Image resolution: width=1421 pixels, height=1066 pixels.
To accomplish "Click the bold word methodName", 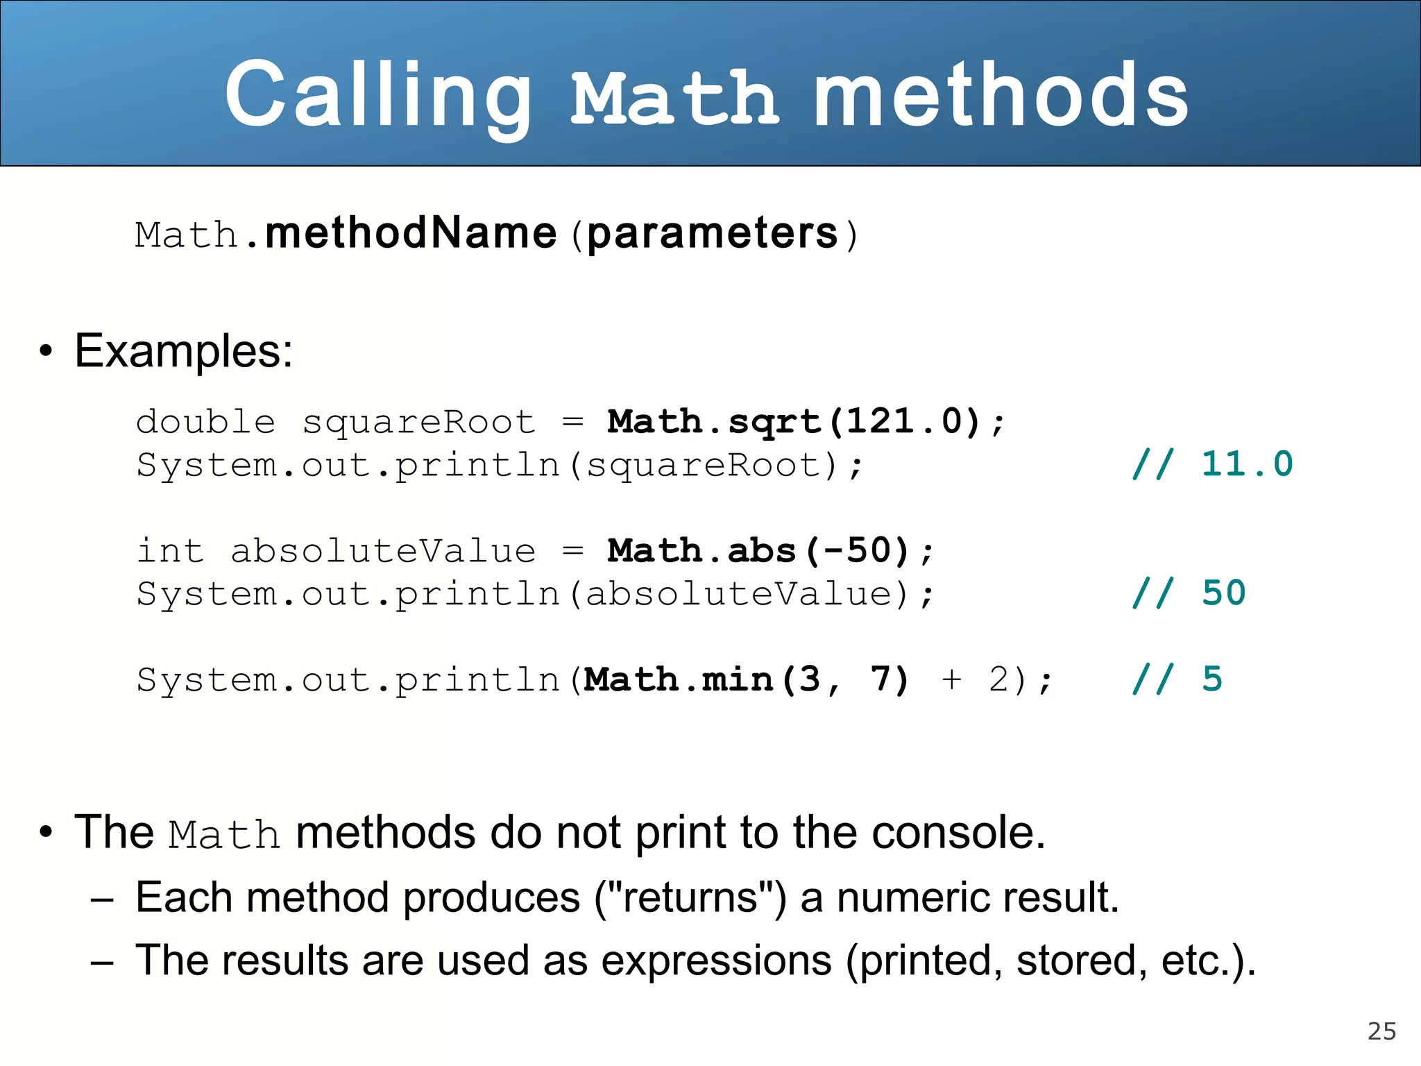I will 411,233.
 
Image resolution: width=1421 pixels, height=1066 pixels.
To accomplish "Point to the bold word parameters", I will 713,233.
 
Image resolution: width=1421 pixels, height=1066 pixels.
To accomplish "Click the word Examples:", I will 183,351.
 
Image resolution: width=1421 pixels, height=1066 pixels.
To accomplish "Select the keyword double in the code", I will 205,422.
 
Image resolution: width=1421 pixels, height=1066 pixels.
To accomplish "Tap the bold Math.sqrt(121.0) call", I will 793,422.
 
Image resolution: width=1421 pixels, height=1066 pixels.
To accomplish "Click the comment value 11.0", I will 1247,464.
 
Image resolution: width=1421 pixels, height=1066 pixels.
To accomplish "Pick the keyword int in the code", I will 170,551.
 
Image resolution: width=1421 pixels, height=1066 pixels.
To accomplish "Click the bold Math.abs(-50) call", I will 758,551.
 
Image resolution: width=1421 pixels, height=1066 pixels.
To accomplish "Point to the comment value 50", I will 1224,593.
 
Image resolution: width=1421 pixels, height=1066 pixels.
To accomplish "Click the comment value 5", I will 1212,679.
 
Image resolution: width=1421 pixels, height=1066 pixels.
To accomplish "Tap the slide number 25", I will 1381,1031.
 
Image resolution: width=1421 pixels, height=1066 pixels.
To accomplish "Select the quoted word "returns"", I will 690,897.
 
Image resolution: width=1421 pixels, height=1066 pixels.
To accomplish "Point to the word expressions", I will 716,961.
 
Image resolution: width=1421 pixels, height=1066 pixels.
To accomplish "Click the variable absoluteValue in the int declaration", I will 383,551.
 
